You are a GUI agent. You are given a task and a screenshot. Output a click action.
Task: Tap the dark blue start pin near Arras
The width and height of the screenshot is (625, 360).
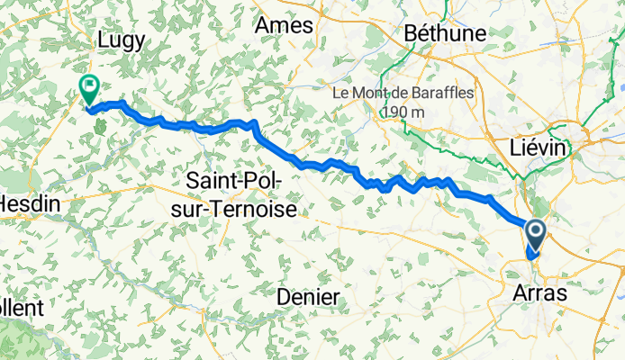click(x=535, y=237)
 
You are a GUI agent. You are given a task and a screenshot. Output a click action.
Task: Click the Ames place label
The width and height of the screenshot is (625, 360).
click(x=283, y=27)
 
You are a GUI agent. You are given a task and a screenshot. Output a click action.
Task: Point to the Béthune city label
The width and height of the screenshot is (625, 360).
click(x=447, y=33)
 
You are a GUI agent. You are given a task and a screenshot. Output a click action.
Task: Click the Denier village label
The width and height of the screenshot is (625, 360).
click(x=308, y=297)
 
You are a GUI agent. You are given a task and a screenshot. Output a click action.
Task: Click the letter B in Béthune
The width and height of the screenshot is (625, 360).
click(x=412, y=33)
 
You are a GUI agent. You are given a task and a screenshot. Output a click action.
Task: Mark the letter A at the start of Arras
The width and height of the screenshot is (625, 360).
click(x=519, y=293)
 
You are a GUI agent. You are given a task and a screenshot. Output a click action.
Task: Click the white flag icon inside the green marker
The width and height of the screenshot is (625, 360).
click(x=89, y=86)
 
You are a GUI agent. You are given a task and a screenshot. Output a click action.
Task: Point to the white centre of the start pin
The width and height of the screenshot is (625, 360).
click(x=535, y=232)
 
